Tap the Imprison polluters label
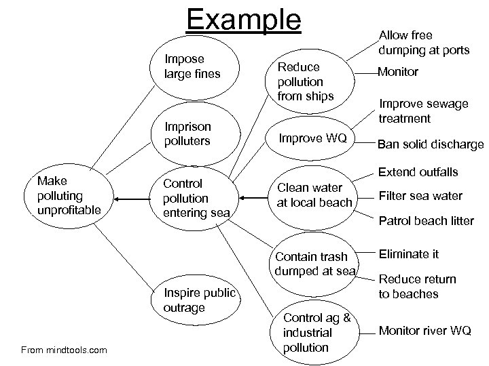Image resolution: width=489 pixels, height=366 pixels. click(188, 134)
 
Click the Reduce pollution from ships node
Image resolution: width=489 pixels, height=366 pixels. click(304, 81)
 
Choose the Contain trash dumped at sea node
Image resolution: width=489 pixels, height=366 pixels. click(314, 264)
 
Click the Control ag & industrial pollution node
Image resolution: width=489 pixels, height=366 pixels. click(316, 333)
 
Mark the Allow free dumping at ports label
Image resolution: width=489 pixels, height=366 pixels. click(424, 42)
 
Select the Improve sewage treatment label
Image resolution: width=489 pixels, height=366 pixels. click(423, 110)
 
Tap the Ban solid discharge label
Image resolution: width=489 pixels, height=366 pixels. click(431, 144)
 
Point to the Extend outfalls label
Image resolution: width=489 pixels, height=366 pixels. click(418, 173)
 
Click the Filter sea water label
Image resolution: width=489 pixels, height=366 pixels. click(420, 196)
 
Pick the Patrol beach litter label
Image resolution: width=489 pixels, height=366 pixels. click(426, 220)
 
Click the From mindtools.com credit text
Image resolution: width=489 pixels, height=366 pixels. click(63, 350)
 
